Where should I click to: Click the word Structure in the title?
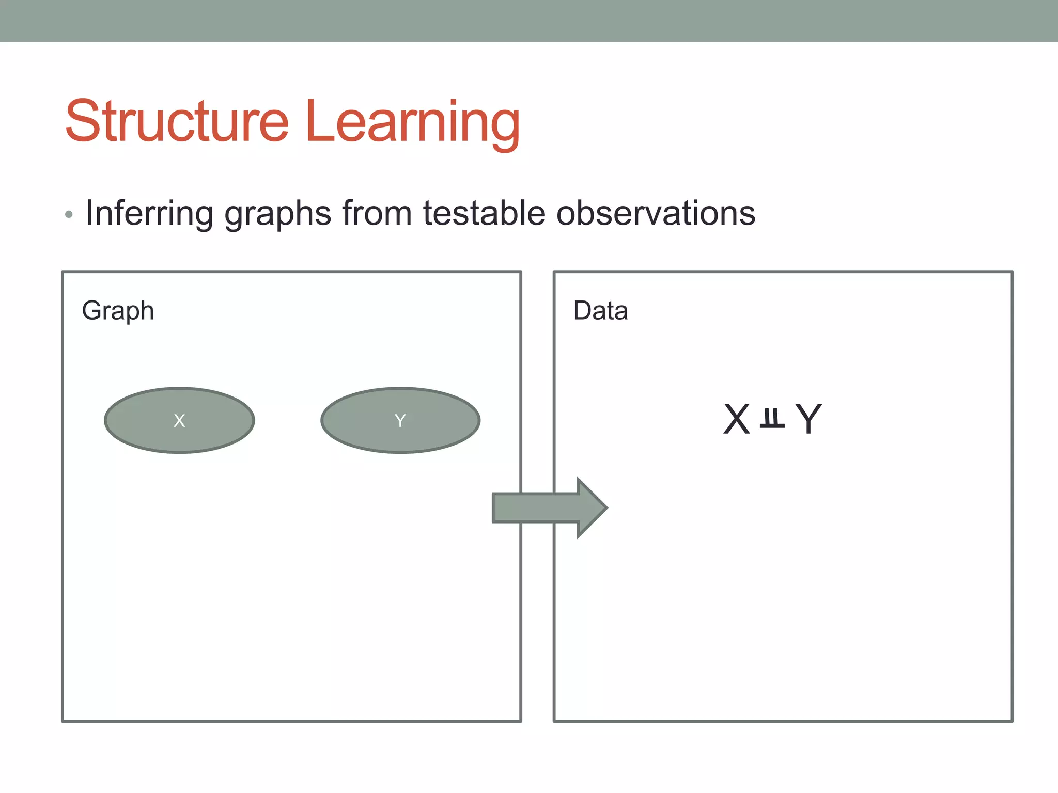(x=177, y=122)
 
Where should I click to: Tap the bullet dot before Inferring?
(x=69, y=214)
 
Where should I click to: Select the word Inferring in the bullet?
(x=149, y=213)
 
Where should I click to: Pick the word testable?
(x=484, y=213)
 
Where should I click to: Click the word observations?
(x=656, y=213)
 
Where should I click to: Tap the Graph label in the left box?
(x=118, y=311)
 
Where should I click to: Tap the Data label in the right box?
(x=600, y=311)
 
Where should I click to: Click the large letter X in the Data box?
(x=736, y=419)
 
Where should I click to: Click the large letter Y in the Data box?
(x=808, y=419)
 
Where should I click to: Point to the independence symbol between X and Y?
(x=772, y=419)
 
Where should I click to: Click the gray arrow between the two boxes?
(x=537, y=507)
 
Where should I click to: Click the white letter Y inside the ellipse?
(x=400, y=421)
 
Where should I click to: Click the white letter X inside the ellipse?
(x=179, y=421)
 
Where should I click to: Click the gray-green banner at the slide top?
(x=529, y=21)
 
